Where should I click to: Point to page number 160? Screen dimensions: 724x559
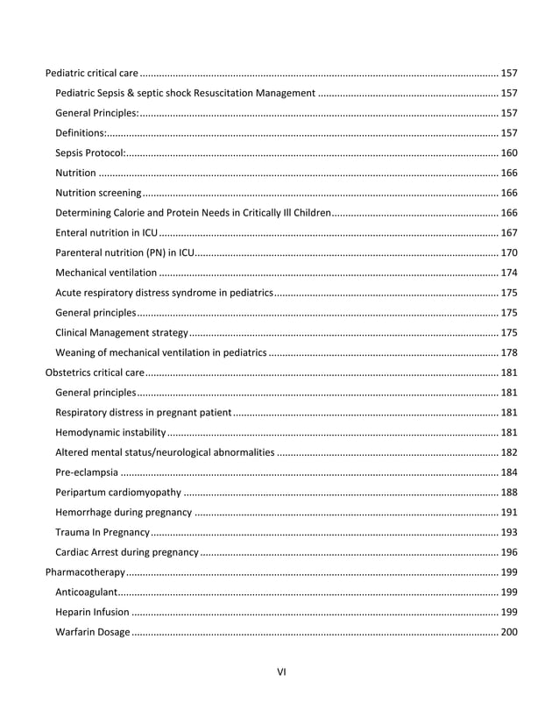tap(508, 153)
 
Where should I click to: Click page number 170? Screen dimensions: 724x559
tap(508, 253)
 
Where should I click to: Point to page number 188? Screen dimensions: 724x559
tap(508, 493)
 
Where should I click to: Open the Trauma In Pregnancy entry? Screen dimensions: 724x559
tap(103, 533)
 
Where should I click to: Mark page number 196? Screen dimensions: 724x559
tap(508, 553)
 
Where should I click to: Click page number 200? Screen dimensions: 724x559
tap(508, 633)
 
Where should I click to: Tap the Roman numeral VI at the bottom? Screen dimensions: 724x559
tap(281, 672)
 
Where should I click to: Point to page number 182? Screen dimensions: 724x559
tap(508, 452)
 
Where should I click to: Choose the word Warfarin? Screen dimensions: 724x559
tap(74, 633)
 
